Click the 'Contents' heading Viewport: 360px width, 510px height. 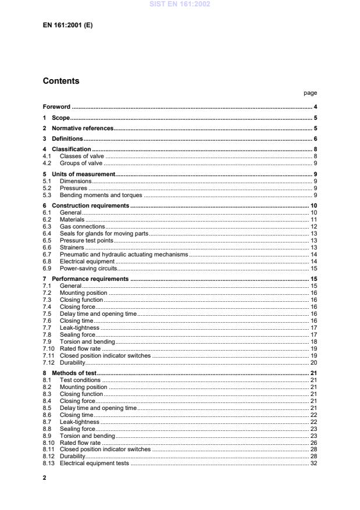point(61,81)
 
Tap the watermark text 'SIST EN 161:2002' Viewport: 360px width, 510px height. point(180,4)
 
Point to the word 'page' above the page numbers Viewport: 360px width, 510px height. point(310,93)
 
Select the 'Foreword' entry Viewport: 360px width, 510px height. point(56,107)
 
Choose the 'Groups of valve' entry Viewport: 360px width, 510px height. point(81,163)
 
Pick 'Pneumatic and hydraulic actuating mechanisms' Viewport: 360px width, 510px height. point(123,254)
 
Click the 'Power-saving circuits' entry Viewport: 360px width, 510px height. point(88,268)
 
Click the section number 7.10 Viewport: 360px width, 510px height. point(48,348)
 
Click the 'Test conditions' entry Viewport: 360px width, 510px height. point(80,380)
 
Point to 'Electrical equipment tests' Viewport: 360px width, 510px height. point(95,463)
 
